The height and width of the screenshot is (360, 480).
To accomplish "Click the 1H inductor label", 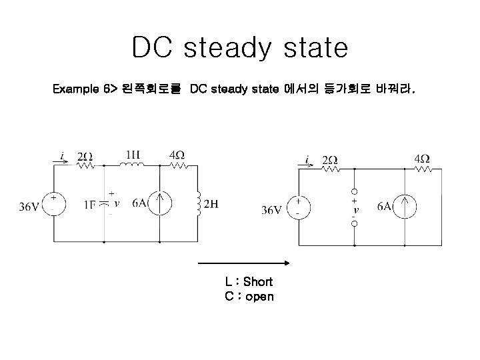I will coord(133,155).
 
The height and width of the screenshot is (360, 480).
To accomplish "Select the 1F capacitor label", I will coord(91,205).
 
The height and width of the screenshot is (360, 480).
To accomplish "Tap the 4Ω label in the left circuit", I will coord(177,155).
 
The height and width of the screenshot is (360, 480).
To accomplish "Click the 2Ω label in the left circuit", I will coord(85,157).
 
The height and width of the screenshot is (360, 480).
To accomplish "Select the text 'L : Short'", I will coord(249,282).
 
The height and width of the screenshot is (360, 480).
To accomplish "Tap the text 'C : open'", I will coord(249,296).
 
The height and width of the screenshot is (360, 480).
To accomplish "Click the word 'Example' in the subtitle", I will coord(77,88).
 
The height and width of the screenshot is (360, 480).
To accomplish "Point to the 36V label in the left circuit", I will coord(29,207).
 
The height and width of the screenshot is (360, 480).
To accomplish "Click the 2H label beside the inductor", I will coord(210,204).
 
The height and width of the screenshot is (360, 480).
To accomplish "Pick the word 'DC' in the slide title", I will coord(154,48).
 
